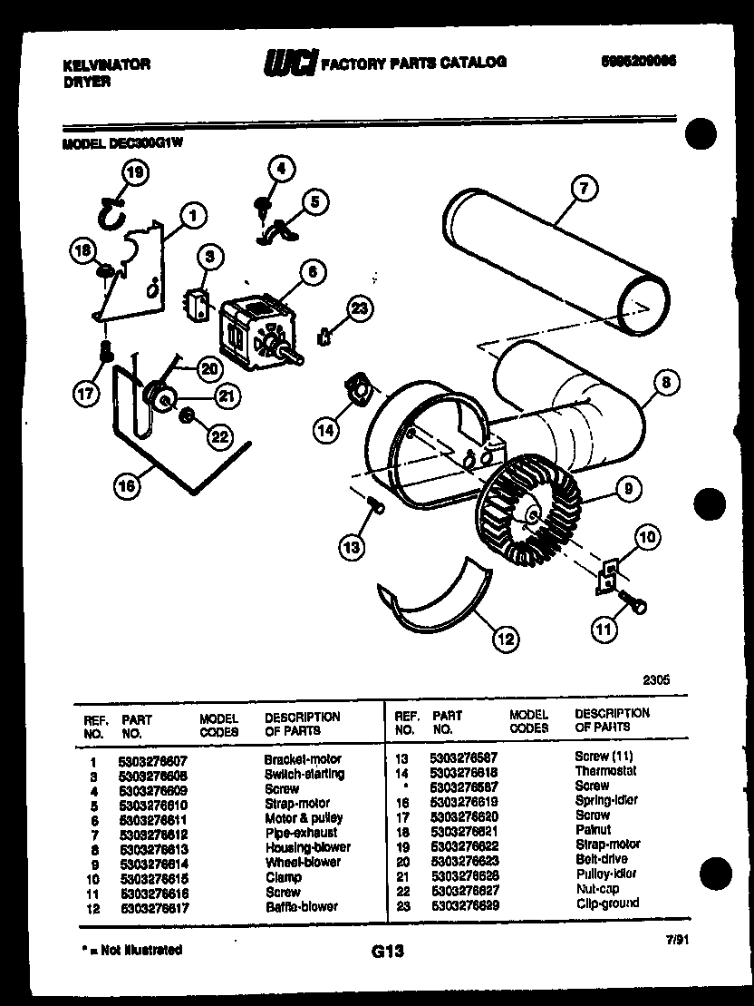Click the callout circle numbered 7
pyautogui.click(x=585, y=189)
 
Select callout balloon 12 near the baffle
pyautogui.click(x=506, y=639)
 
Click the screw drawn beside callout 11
pyautogui.click(x=632, y=599)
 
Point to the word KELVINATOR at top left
pyautogui.click(x=106, y=65)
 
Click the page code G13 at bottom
pyautogui.click(x=387, y=952)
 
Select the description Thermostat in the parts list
pyautogui.click(x=605, y=771)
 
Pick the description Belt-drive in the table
pyautogui.click(x=601, y=859)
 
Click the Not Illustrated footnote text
pyautogui.click(x=130, y=950)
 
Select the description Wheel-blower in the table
pyautogui.click(x=303, y=863)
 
